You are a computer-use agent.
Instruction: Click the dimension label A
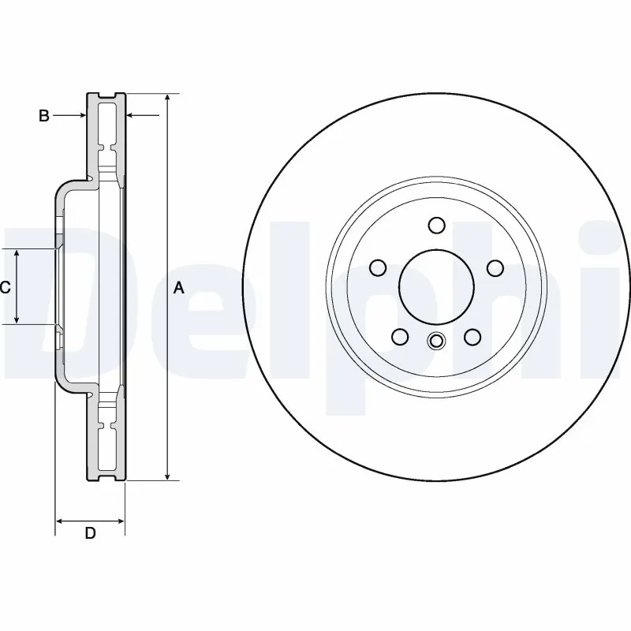(x=178, y=289)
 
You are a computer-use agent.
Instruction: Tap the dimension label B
(x=44, y=116)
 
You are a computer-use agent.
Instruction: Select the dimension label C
(x=5, y=288)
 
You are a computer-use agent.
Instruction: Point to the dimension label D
(x=90, y=534)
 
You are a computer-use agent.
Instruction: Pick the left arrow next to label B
(x=80, y=116)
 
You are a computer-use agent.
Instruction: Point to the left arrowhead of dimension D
(x=60, y=521)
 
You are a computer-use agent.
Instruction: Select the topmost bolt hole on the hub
(x=436, y=226)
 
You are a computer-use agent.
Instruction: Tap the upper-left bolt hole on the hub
(x=378, y=268)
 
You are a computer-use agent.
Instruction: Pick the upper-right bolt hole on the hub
(x=495, y=268)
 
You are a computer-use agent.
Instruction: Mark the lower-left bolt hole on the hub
(x=400, y=338)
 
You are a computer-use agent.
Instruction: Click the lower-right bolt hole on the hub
(x=472, y=338)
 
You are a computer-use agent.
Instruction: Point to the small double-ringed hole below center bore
(x=436, y=341)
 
